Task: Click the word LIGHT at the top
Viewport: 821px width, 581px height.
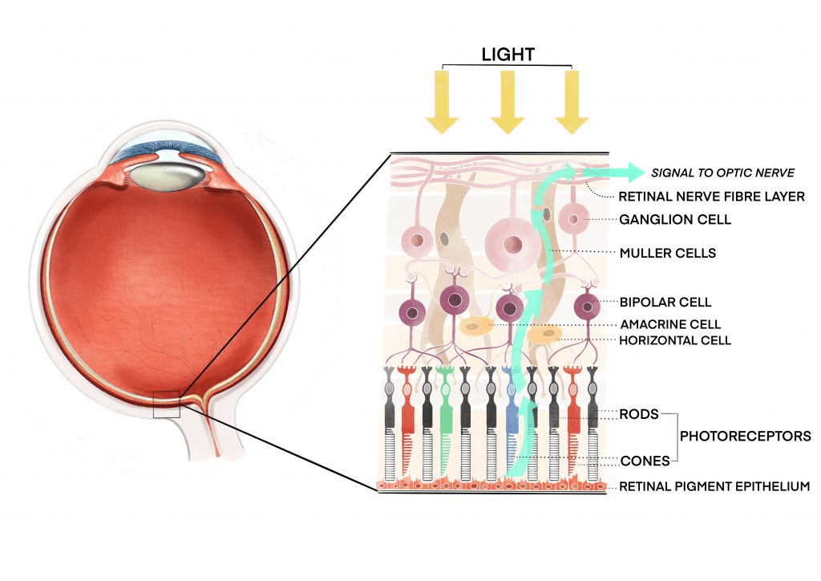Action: coord(508,55)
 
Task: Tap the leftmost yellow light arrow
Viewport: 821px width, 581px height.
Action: coord(442,100)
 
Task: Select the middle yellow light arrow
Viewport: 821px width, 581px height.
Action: coord(508,100)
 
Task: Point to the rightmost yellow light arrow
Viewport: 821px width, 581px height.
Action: coord(572,100)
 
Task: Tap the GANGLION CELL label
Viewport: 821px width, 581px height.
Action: coord(675,218)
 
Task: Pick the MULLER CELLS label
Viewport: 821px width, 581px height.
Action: coord(668,253)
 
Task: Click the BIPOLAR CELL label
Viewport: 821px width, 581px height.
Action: coord(665,303)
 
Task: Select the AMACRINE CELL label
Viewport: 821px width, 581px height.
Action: coord(670,324)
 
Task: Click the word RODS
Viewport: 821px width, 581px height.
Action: coord(639,414)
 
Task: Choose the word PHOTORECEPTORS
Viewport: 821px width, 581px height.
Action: coord(745,437)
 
